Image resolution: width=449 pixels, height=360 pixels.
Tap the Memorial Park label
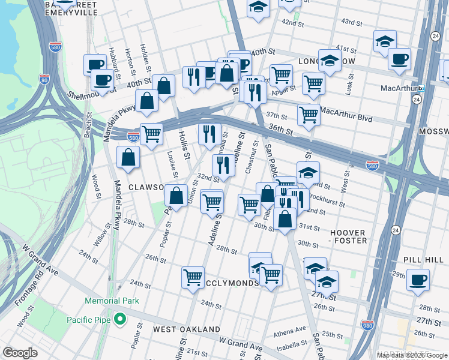click(112, 301)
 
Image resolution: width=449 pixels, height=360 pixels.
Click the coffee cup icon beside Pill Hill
click(418, 280)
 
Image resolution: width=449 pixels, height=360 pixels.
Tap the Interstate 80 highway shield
click(44, 77)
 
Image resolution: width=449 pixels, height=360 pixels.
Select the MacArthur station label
click(399, 89)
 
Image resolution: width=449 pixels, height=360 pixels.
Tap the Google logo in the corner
click(20, 353)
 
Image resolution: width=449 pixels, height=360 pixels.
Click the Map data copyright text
click(412, 355)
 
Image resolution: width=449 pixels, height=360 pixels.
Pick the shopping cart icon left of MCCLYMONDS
click(193, 278)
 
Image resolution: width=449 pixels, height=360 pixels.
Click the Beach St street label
click(88, 125)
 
